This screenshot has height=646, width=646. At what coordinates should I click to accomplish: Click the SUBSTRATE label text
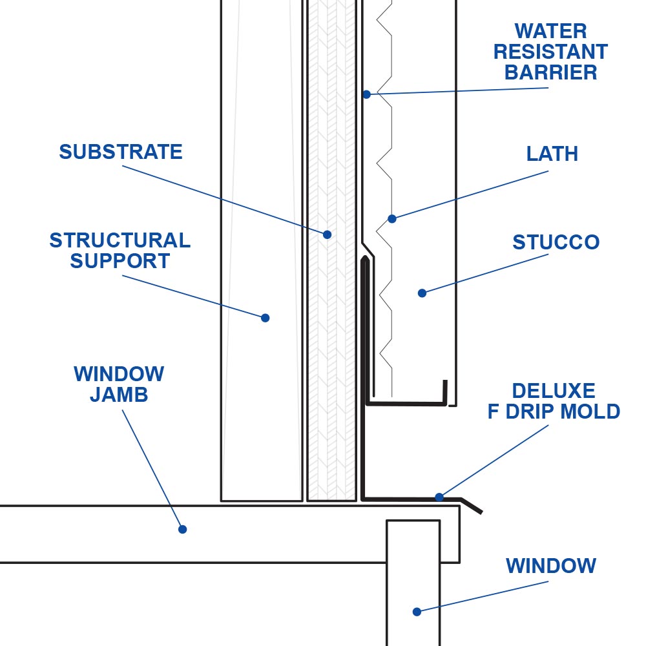coord(121,152)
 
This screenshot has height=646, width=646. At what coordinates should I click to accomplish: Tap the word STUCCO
coord(556,242)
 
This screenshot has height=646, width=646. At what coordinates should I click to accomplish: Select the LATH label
coord(552,154)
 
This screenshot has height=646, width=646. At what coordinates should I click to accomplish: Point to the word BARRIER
coord(550,72)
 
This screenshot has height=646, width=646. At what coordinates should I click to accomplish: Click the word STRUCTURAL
coord(120,240)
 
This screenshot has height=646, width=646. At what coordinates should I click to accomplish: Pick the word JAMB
coord(119,394)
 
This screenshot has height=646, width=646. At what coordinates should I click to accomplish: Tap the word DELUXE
coord(554,391)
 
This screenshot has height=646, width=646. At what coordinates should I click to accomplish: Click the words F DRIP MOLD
coord(554,412)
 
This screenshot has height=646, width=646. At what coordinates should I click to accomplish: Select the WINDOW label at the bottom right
coord(550,566)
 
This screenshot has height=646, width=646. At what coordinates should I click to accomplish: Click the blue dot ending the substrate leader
coord(328,234)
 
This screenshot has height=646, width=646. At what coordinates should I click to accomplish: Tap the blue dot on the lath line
coord(391,218)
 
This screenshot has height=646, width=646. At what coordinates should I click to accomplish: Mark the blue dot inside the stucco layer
coord(422,293)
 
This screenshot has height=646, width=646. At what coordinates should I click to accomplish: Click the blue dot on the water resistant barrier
coord(366,94)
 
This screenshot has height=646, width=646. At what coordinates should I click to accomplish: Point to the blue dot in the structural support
coord(265,317)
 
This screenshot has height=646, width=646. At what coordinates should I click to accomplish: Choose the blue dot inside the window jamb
coord(182,529)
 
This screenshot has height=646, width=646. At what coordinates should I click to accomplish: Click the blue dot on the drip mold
coord(439,497)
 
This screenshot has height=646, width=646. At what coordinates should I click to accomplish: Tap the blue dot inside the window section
coord(417,611)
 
